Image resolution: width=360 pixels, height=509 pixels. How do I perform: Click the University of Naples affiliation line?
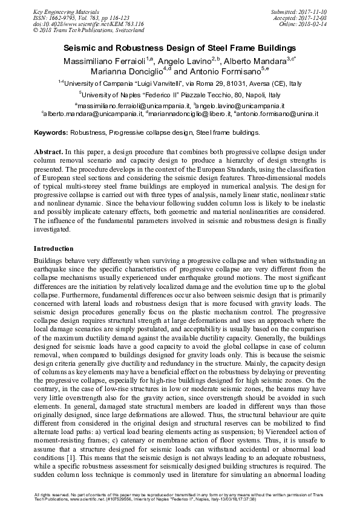click(x=180, y=95)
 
